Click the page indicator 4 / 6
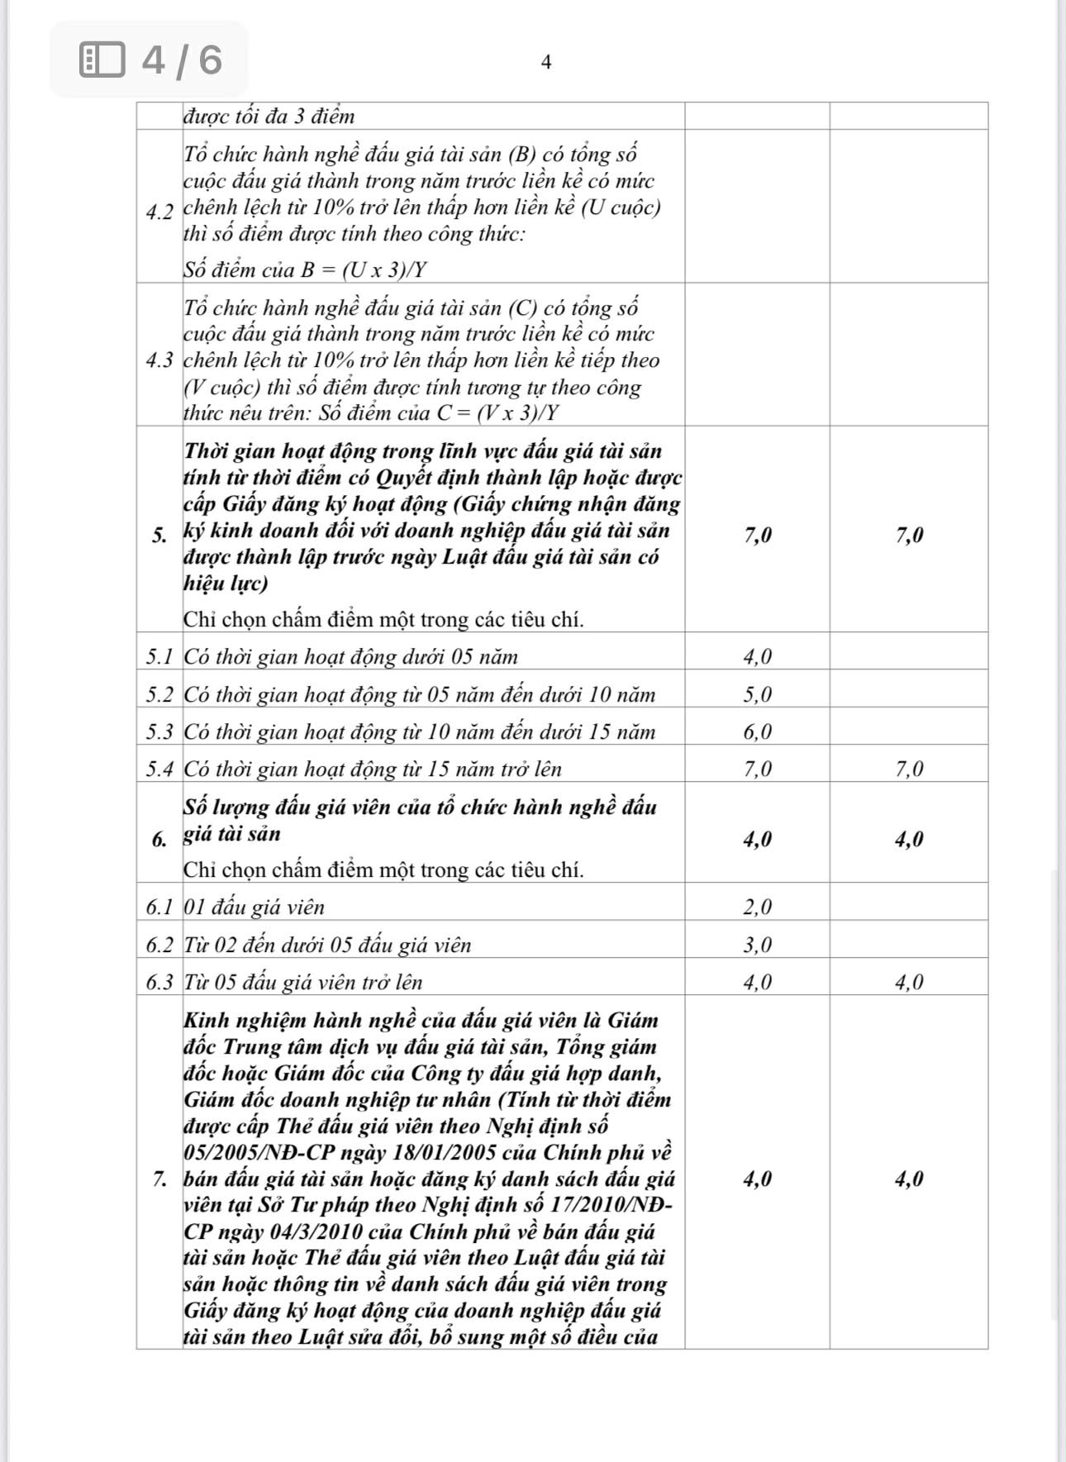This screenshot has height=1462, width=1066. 182,60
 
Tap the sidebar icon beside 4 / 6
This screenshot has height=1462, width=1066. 102,60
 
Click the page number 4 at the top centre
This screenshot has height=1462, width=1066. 545,62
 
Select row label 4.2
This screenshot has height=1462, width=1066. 159,212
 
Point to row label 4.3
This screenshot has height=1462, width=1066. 159,360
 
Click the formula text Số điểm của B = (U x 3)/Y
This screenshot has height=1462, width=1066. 305,270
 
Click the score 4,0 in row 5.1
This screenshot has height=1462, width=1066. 758,657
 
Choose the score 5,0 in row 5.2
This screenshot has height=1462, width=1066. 758,694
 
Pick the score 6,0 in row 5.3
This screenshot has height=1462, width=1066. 758,731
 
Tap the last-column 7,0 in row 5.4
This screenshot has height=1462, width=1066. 909,769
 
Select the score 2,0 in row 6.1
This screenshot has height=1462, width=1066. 758,907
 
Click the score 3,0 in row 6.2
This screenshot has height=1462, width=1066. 758,945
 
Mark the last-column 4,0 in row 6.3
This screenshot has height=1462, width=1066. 909,982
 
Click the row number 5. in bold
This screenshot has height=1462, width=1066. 159,536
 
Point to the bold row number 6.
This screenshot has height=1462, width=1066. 159,841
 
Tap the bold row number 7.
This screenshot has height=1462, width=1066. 159,1179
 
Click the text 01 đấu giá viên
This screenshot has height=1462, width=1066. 255,907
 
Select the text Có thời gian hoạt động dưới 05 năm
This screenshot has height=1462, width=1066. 350,657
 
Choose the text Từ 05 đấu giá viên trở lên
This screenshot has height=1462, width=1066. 303,982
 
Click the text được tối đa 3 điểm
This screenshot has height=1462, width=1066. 269,116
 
